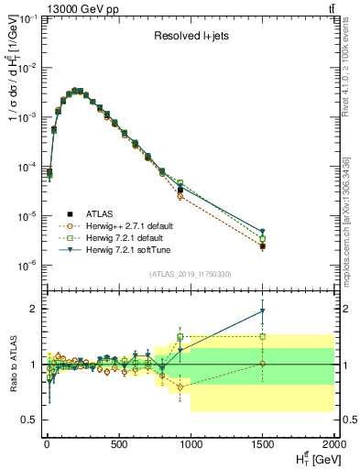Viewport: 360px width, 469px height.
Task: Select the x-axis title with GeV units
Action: [x=311, y=458]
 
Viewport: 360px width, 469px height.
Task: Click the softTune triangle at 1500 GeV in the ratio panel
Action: [x=264, y=311]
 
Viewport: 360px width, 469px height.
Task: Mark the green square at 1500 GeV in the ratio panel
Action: [x=264, y=336]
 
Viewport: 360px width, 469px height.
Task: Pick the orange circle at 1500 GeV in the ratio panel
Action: [x=264, y=364]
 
